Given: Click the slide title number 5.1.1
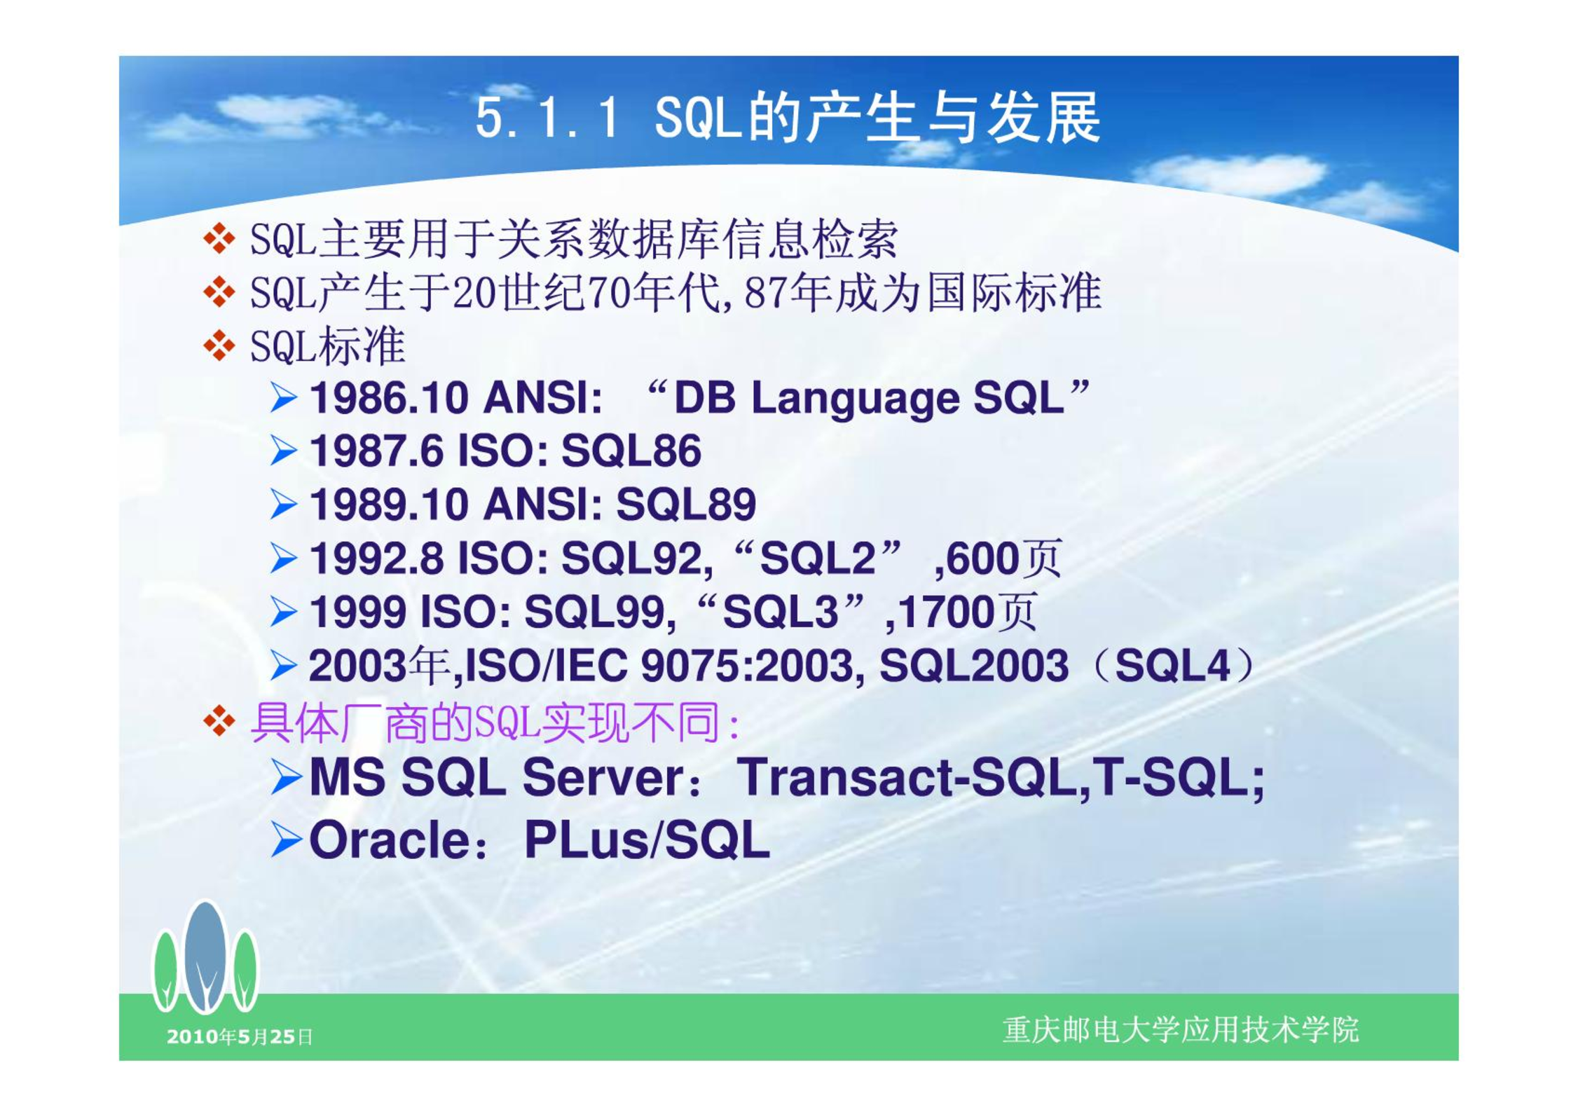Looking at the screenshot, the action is (x=547, y=118).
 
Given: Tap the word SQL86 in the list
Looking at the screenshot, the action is (x=631, y=451).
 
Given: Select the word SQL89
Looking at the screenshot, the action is (x=685, y=504).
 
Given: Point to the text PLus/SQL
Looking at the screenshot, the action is (x=647, y=840).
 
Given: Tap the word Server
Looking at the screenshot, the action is (x=603, y=778).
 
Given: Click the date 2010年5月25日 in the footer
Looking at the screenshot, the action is (x=240, y=1036).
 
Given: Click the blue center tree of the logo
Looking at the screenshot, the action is (x=205, y=957).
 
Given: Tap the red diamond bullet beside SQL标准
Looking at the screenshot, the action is (x=219, y=346).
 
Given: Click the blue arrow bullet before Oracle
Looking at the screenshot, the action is (x=286, y=840).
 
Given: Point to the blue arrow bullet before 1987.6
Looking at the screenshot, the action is (x=284, y=451).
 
